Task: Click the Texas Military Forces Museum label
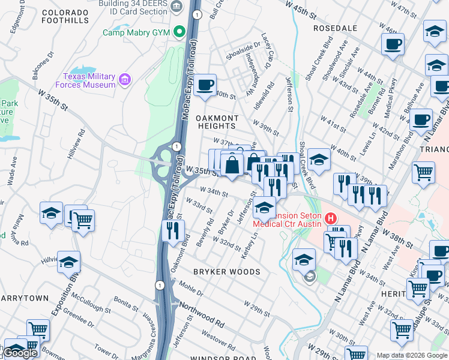pyautogui.click(x=89, y=80)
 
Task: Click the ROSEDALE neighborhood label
pyautogui.click(x=335, y=28)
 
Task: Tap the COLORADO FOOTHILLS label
pyautogui.click(x=65, y=16)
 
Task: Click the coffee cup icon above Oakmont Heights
pyautogui.click(x=205, y=85)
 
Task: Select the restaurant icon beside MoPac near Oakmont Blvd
pyautogui.click(x=173, y=230)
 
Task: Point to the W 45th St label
pyautogui.click(x=303, y=11)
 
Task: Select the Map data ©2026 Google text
pyautogui.click(x=412, y=355)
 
